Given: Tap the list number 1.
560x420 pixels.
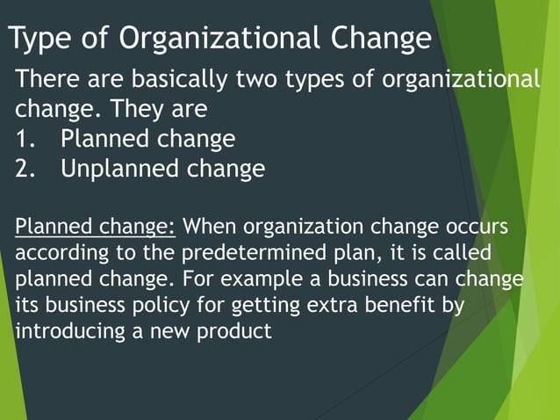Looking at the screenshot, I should pyautogui.click(x=24, y=139).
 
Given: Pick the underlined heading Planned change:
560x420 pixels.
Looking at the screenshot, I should pyautogui.click(x=96, y=227).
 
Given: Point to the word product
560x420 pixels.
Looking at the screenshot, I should pyautogui.click(x=238, y=333).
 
